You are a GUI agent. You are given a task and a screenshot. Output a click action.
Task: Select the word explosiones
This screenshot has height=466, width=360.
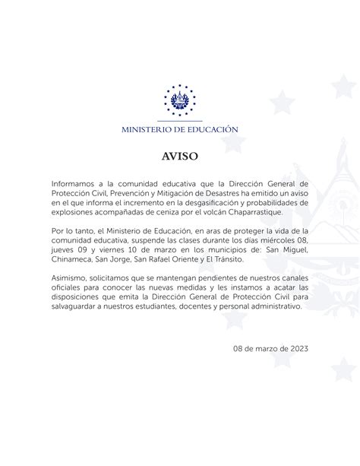coord(74,213)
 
